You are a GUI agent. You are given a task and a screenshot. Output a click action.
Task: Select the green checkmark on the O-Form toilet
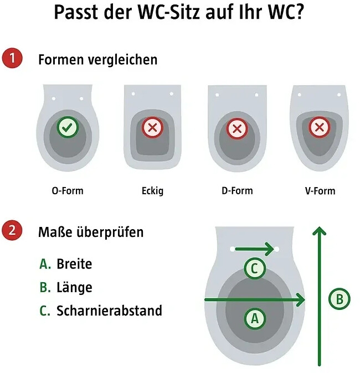pos(68,128)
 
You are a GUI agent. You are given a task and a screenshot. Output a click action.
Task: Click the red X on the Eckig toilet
pos(152,128)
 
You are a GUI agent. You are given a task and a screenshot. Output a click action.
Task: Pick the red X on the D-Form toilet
pos(237,129)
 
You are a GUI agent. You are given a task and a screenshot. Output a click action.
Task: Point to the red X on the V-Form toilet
pos(319,128)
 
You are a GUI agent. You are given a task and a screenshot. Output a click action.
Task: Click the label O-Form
pos(68,191)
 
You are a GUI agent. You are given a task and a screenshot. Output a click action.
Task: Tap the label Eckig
pos(152,191)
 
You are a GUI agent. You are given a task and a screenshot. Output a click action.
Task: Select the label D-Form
pos(236,191)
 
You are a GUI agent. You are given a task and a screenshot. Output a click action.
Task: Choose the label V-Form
pos(320,191)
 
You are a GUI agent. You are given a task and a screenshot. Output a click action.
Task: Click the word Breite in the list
pos(74,264)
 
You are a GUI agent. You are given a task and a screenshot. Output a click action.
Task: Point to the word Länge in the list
pos(74,288)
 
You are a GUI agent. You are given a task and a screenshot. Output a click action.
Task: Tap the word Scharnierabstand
pos(109,311)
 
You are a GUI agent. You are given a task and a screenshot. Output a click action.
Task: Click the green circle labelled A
pos(255,318)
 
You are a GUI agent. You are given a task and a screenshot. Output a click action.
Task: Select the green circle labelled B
pos(340,299)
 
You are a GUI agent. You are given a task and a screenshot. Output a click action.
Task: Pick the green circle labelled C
pos(254,269)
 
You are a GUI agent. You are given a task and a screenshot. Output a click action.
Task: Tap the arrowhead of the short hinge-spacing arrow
pos(270,249)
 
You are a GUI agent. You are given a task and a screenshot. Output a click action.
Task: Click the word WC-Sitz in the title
pos(176,12)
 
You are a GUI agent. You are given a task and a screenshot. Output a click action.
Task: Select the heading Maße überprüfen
pos(90,232)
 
